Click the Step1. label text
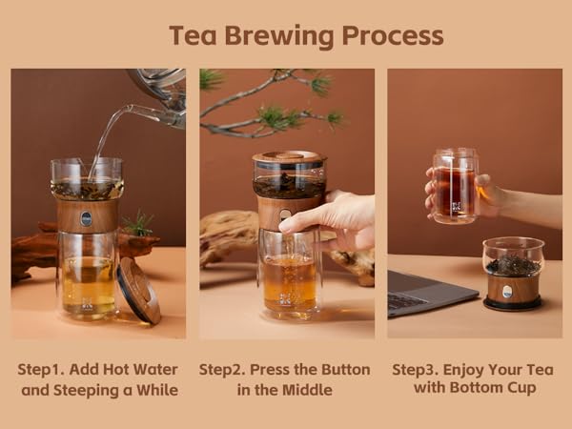[x=44, y=369]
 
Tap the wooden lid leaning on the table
[x=139, y=290]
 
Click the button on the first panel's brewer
[x=86, y=218]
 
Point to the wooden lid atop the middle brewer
[x=287, y=158]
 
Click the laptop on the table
[x=424, y=290]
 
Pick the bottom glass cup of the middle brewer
[x=288, y=281]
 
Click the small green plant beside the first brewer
[x=139, y=225]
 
